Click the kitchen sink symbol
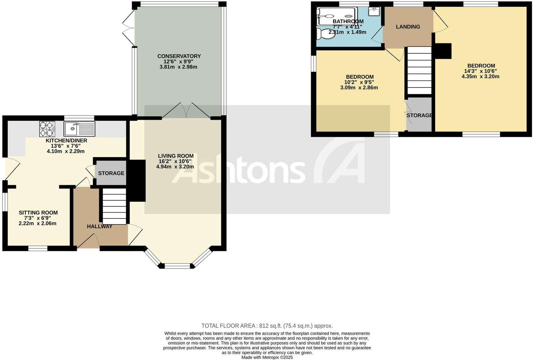[x=80, y=129]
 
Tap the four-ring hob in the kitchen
[x=47, y=129]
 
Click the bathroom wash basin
[x=374, y=11]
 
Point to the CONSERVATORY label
[x=179, y=56]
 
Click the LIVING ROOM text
[x=176, y=156]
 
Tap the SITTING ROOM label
[x=38, y=213]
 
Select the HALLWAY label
[x=100, y=226]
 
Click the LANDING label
[x=408, y=27]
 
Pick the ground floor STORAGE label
[x=111, y=173]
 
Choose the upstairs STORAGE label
[x=419, y=115]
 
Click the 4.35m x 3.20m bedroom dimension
[x=480, y=76]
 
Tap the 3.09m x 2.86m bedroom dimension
[x=359, y=88]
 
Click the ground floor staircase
[x=114, y=206]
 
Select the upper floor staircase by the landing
[x=420, y=70]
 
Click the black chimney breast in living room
[x=137, y=181]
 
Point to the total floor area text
[x=267, y=326]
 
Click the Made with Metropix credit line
[x=267, y=357]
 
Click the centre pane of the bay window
[x=178, y=266]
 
